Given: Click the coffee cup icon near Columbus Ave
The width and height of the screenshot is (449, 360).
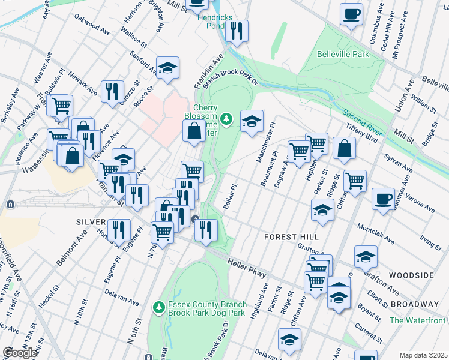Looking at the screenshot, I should click(351, 14).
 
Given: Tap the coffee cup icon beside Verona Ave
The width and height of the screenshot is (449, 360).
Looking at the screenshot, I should click(383, 199).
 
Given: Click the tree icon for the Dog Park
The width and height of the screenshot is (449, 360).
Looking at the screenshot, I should click(159, 308).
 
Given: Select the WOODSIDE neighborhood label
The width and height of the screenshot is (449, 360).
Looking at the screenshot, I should click(411, 275).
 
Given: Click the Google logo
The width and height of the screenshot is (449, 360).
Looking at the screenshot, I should click(19, 353).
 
